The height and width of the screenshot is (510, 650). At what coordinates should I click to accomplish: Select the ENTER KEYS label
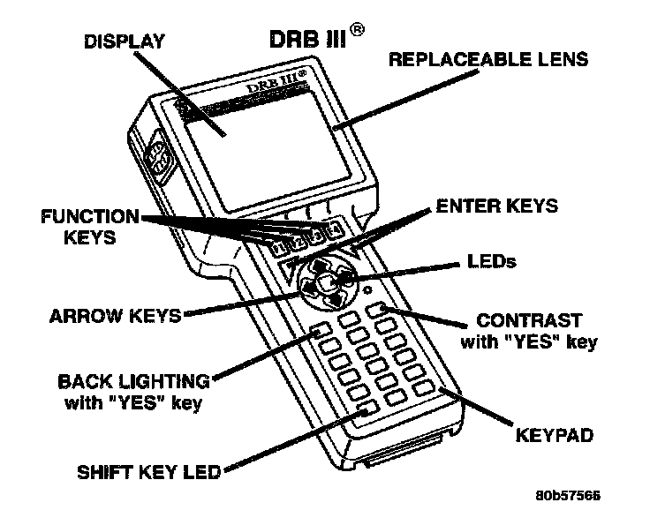click(497, 206)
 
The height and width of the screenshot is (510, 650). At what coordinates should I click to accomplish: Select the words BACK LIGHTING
click(134, 383)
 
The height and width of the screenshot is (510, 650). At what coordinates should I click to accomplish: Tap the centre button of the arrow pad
click(327, 282)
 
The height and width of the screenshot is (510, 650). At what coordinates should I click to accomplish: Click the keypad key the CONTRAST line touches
click(378, 308)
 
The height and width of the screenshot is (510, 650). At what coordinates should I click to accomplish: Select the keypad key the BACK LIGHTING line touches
click(319, 333)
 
